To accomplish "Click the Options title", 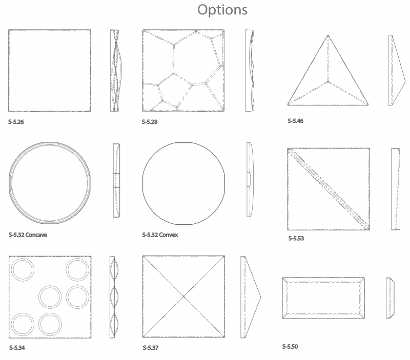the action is pyautogui.click(x=222, y=10).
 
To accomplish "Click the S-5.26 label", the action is pyautogui.click(x=16, y=122).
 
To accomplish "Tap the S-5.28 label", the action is pyautogui.click(x=150, y=122).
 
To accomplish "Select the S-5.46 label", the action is pyautogui.click(x=296, y=121).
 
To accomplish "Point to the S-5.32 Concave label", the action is pyautogui.click(x=28, y=235).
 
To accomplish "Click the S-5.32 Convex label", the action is pyautogui.click(x=160, y=235).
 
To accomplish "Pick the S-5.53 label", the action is pyautogui.click(x=296, y=238).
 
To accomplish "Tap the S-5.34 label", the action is pyautogui.click(x=17, y=348).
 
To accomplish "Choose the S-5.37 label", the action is pyautogui.click(x=151, y=348).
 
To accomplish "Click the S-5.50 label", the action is pyautogui.click(x=290, y=346).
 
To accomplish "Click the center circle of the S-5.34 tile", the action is pyautogui.click(x=50, y=297).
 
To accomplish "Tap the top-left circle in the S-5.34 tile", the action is pyautogui.click(x=23, y=270).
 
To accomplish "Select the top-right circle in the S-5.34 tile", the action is pyautogui.click(x=77, y=270).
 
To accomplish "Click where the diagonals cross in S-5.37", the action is pyautogui.click(x=184, y=297).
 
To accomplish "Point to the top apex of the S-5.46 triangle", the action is pyautogui.click(x=328, y=35).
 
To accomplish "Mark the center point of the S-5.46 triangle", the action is pyautogui.click(x=328, y=82).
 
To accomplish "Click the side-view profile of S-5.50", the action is pyautogui.click(x=390, y=298).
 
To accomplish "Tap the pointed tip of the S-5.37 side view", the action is pyautogui.click(x=261, y=297).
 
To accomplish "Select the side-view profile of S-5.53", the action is pyautogui.click(x=396, y=189).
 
